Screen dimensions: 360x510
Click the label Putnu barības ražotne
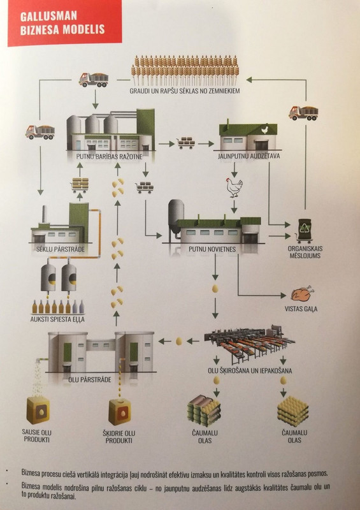109,156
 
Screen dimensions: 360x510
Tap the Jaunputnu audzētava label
248,156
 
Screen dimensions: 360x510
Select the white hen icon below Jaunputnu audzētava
234,187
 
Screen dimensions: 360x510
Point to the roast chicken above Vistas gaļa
302,294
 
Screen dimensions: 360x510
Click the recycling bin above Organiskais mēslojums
305,231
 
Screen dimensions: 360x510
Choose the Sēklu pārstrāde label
60,249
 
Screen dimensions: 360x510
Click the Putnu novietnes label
212,249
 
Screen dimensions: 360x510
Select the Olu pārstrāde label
89,379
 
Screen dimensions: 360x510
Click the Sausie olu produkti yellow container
38,410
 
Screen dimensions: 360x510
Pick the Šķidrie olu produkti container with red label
120,412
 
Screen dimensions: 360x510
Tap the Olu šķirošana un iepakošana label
250,370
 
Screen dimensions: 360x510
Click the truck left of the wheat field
94,80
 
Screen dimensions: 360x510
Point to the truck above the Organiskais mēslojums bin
303,113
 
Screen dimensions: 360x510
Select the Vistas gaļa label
301,309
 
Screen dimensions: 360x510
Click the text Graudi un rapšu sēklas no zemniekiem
184,91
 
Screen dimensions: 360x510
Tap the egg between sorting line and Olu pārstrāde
179,341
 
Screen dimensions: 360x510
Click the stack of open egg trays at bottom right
292,411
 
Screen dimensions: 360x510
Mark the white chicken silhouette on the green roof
265,129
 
